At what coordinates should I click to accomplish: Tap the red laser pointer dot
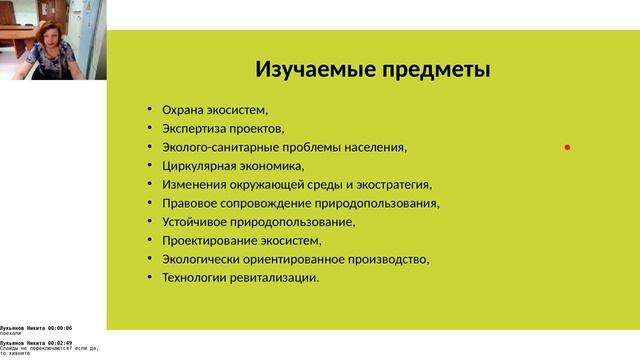point(567,147)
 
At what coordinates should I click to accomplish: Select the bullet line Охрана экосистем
point(216,110)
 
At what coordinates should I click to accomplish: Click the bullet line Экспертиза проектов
point(223,129)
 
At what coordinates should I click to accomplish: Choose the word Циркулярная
point(198,166)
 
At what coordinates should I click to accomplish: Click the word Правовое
point(191,203)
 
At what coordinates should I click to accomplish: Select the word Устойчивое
point(197,222)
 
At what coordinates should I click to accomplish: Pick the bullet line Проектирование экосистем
point(242,240)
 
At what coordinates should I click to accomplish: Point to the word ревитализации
point(275,277)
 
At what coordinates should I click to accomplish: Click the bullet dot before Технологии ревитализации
point(149,277)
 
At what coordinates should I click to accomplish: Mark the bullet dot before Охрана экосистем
point(149,110)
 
